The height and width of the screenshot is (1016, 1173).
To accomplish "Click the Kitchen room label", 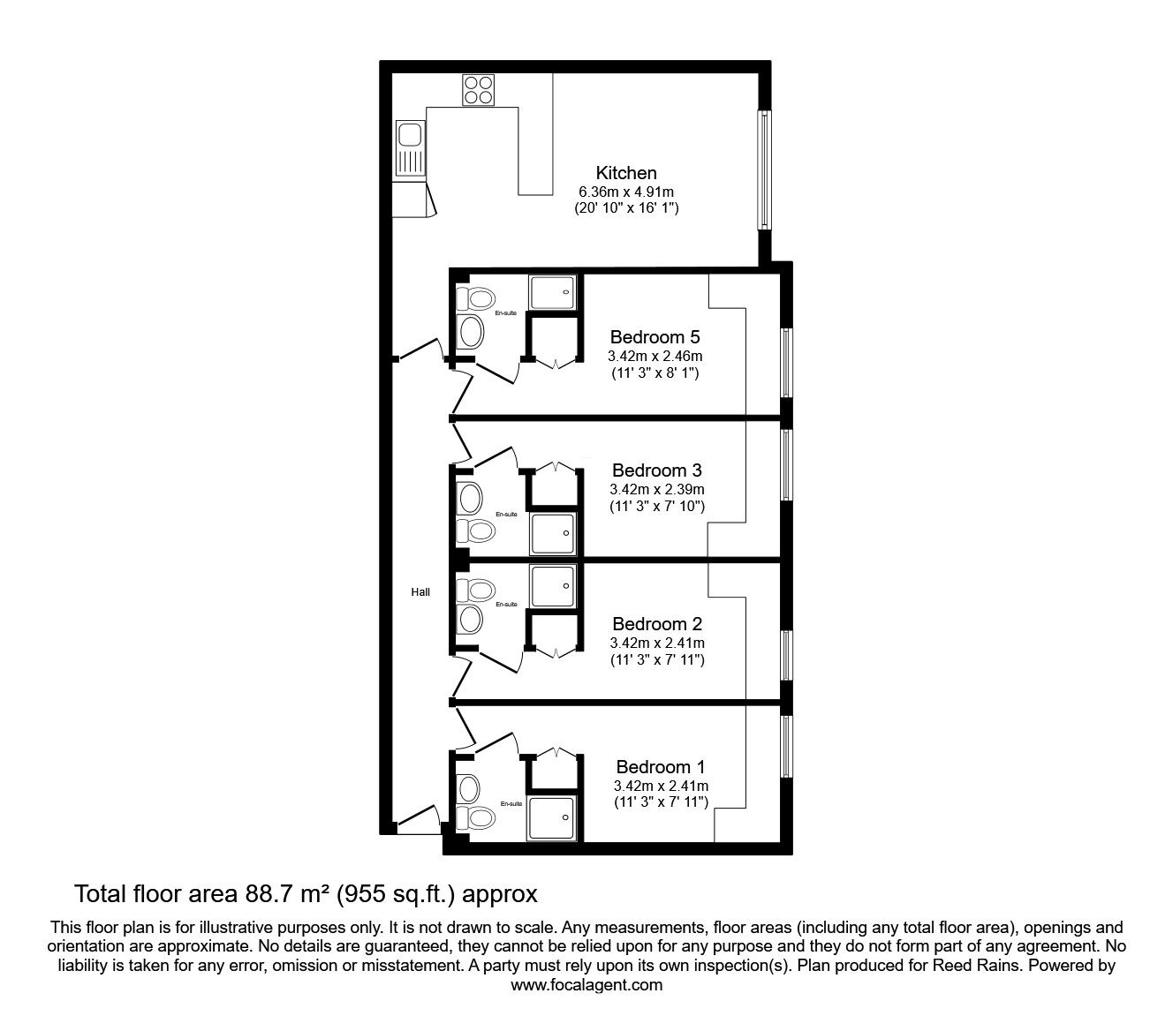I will tap(625, 173).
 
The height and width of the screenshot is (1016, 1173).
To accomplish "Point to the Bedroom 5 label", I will tap(655, 337).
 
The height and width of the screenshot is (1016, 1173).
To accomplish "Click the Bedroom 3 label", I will tap(656, 470).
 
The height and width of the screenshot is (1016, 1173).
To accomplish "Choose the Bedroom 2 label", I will tap(656, 624).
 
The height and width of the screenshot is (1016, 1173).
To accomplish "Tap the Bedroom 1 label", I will tap(661, 766).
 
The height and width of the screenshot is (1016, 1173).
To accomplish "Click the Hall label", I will tap(420, 592).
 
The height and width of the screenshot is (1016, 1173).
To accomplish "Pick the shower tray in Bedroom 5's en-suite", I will tap(553, 292).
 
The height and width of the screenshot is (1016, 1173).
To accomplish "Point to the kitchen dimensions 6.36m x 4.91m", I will tap(625, 192).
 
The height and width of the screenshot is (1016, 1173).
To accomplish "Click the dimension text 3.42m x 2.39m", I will tap(656, 489).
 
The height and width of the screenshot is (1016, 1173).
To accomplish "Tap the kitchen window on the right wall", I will tap(765, 170).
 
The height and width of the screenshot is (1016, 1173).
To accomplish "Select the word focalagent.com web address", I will tap(586, 985).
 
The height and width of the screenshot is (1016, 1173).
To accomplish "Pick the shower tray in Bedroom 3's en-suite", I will tap(553, 532).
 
